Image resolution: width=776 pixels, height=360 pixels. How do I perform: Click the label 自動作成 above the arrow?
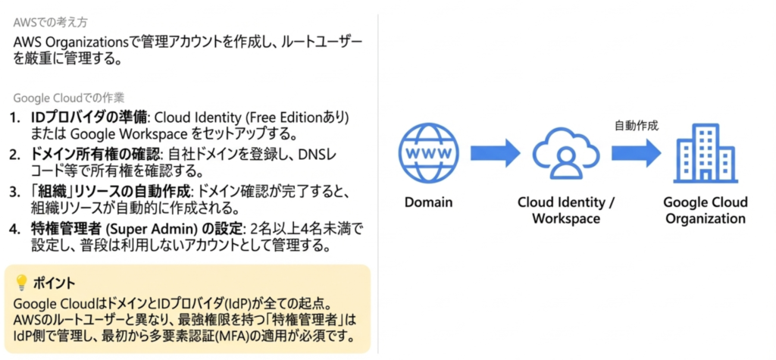click(x=636, y=127)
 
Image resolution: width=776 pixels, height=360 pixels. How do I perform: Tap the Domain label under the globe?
click(x=428, y=202)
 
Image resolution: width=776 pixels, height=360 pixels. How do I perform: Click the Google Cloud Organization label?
click(x=704, y=210)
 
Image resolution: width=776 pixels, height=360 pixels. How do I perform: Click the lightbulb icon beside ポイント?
click(x=20, y=283)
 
